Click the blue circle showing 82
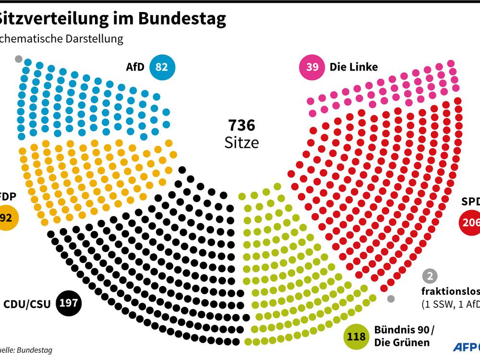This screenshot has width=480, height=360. click(162, 67)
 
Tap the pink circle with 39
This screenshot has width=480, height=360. click(312, 67)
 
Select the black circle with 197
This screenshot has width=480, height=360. click(69, 303)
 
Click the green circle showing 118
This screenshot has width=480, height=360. click(356, 336)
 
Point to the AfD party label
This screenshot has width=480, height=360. click(135, 67)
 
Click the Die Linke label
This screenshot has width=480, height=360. click(354, 67)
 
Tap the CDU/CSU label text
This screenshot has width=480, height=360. click(27, 303)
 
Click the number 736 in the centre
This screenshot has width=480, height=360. click(241, 126)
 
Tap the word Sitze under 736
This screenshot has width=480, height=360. click(241, 143)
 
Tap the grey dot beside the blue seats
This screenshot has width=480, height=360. click(19, 59)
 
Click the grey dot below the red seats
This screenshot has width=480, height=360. click(391, 299)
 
